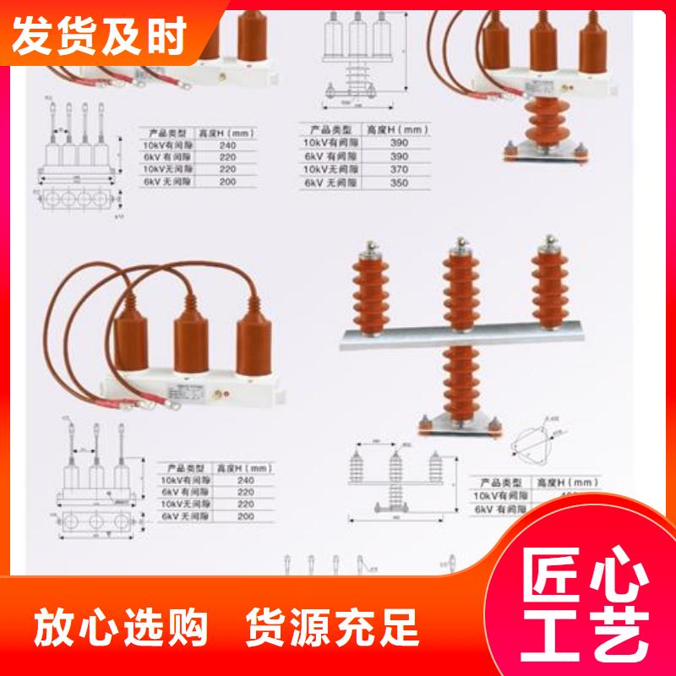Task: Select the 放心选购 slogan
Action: (121, 628)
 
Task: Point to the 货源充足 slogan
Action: (332, 628)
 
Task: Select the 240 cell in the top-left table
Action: (224, 145)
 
